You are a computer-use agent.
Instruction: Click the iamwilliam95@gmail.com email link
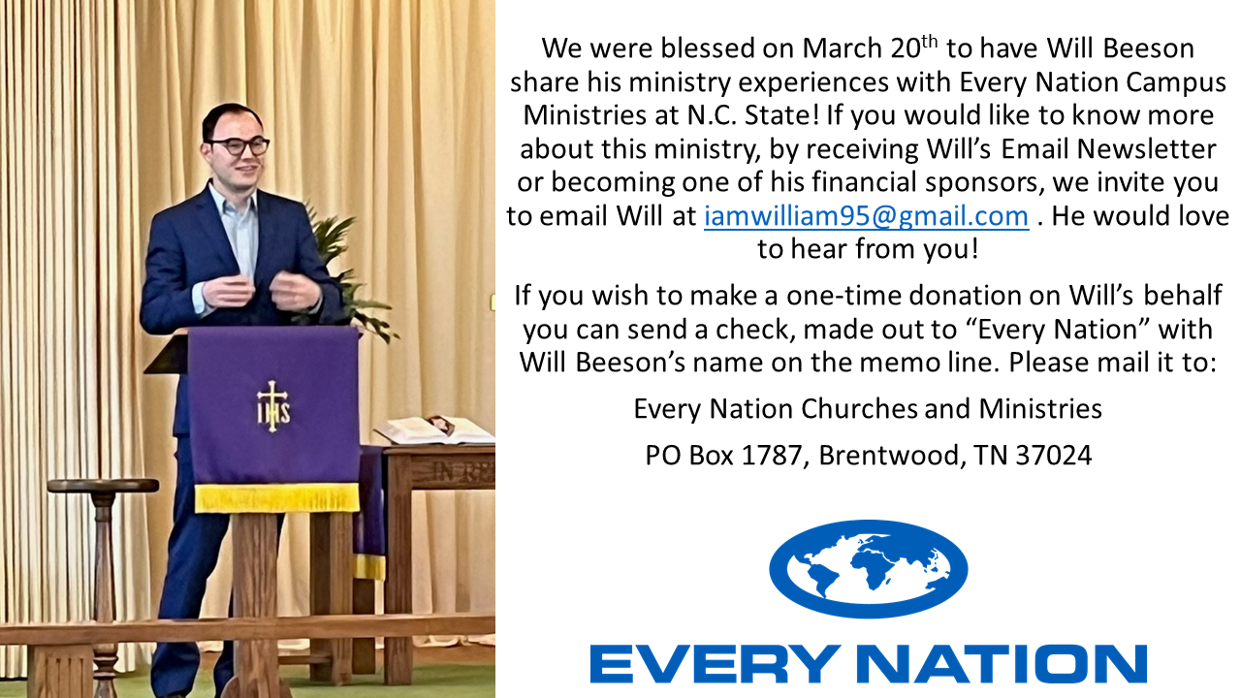coord(867,216)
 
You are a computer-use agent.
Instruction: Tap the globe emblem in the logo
coord(868,569)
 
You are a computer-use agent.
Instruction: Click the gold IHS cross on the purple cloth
coord(272,406)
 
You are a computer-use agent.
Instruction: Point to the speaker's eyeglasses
coord(239,145)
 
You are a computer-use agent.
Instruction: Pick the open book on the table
coord(435,429)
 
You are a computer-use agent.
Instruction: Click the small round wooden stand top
coord(103,486)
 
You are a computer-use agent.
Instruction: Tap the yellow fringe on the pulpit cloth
coord(277,497)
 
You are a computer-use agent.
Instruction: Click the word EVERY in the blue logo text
coord(713,663)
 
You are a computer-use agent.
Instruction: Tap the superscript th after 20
coord(929,42)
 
